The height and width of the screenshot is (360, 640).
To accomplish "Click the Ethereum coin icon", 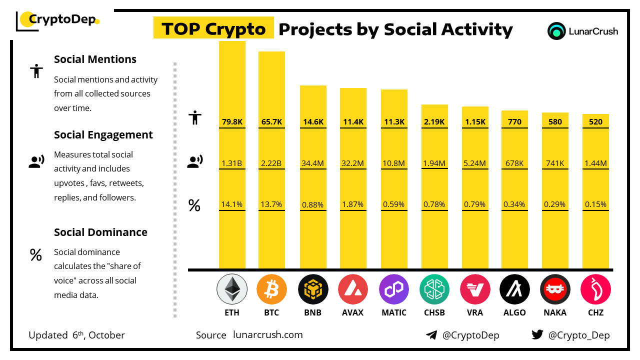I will coord(231,289).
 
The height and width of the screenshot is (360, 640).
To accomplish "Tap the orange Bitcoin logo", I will coord(271,289).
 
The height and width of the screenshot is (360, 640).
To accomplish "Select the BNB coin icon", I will coord(313,289).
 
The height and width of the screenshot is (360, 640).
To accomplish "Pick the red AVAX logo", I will coord(353,289).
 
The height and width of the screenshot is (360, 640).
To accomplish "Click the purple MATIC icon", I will coord(394,289).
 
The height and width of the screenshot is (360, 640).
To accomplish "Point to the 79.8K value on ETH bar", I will coord(232,121).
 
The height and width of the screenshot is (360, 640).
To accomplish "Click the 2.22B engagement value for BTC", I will coord(271,163).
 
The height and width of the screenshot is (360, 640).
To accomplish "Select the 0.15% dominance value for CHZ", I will coord(595,204).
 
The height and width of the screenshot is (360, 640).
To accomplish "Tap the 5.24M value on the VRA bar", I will coord(475,163).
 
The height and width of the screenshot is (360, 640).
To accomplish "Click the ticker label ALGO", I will coord(514,312).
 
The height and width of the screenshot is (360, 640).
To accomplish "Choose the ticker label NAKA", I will coord(555,312).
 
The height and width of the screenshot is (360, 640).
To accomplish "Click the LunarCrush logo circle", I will coord(556,31).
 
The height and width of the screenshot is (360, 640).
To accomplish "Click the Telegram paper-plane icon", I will coord(431,335).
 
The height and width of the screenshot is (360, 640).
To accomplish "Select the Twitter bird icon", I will coord(537,335).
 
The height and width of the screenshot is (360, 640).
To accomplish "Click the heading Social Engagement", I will coord(103,135).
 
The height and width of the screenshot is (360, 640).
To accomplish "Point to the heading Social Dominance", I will coord(100,232).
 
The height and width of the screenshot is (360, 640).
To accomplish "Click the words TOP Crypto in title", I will coord(213,29).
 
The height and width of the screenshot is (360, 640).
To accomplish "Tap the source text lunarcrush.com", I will coord(268,335).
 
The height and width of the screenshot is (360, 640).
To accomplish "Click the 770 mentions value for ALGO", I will coord(514,121).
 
